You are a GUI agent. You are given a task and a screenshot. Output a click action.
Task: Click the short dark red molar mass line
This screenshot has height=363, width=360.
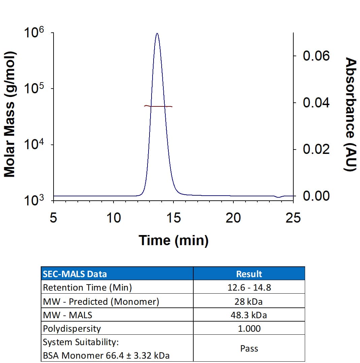point(158,106)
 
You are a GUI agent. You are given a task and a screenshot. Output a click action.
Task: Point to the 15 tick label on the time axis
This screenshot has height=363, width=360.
point(173,218)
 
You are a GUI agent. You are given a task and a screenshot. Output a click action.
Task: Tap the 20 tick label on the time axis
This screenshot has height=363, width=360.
point(233,218)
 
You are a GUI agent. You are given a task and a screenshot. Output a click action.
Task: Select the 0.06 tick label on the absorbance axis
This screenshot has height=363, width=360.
point(316,56)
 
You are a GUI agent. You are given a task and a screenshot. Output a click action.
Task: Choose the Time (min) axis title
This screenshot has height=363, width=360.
point(173,240)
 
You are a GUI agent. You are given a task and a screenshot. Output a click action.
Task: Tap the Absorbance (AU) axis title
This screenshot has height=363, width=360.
point(351,114)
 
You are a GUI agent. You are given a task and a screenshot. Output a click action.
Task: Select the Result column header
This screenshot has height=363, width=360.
point(249,274)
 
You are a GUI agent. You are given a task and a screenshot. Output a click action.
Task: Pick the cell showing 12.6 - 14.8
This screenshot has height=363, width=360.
point(249,288)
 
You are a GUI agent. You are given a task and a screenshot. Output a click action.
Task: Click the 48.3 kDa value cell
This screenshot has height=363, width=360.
point(249,315)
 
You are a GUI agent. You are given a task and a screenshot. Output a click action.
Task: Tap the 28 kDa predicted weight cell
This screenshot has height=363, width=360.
point(249,301)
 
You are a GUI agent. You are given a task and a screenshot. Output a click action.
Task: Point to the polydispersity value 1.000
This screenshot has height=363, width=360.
point(249,328)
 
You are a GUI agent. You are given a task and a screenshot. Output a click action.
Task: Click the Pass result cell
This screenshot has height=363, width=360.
point(249,349)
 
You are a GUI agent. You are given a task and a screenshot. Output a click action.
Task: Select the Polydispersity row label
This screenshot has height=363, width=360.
point(72,328)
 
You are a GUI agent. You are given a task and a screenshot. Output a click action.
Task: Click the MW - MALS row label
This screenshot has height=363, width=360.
point(67,315)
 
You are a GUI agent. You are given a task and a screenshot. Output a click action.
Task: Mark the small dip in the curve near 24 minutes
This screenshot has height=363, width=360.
point(279,197)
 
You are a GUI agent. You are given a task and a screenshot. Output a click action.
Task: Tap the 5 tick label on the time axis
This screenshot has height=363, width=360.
point(53,218)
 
